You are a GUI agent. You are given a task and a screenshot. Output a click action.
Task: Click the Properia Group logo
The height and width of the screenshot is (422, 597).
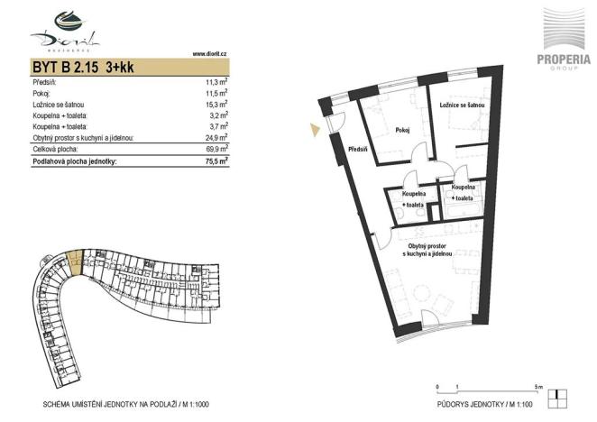click(565, 41)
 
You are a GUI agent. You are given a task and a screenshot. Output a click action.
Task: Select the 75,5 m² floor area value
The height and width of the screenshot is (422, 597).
click(216, 162)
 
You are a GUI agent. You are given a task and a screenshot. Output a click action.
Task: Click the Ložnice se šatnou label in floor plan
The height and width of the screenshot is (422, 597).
click(463, 105)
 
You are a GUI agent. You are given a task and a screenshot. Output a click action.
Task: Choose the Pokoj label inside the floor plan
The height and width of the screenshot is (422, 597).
click(402, 130)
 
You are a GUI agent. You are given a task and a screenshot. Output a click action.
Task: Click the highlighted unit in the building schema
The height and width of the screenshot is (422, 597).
click(75, 261)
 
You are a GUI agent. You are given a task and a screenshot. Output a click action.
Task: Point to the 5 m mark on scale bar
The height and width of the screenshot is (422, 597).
click(537, 386)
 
